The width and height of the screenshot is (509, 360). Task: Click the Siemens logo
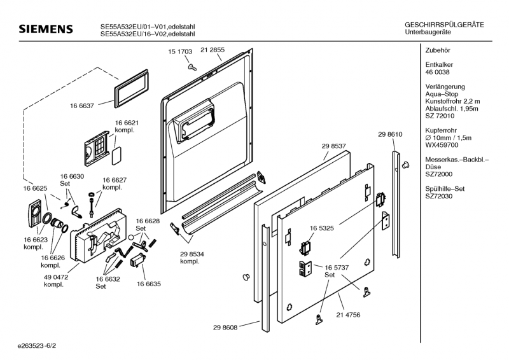pos(46,29)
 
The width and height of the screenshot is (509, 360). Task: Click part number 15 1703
pos(181,50)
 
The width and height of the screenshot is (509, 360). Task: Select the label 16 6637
pos(82,106)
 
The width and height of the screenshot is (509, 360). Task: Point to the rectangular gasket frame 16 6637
pos(131,87)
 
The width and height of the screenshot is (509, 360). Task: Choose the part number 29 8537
pos(334,146)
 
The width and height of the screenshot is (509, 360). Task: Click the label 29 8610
pos(390,134)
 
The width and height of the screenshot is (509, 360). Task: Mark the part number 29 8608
pos(225,327)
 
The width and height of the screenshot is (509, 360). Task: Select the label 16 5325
pos(323,227)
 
